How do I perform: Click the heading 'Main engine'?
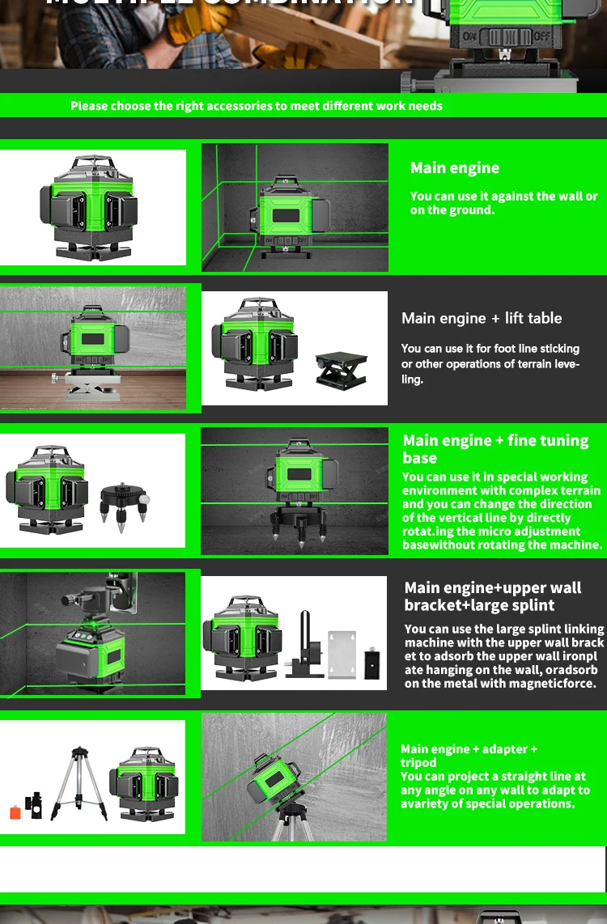tap(454, 168)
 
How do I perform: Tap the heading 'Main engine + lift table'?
tap(481, 318)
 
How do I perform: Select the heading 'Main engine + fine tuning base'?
tap(495, 448)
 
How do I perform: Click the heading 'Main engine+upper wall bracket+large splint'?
tap(492, 596)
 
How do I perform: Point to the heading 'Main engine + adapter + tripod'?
tap(469, 755)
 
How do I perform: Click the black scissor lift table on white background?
tap(341, 370)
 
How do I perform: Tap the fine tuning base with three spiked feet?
tap(124, 505)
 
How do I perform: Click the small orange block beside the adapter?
tap(15, 812)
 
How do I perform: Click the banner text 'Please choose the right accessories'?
tap(256, 106)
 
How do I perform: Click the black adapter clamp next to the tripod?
tap(33, 805)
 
